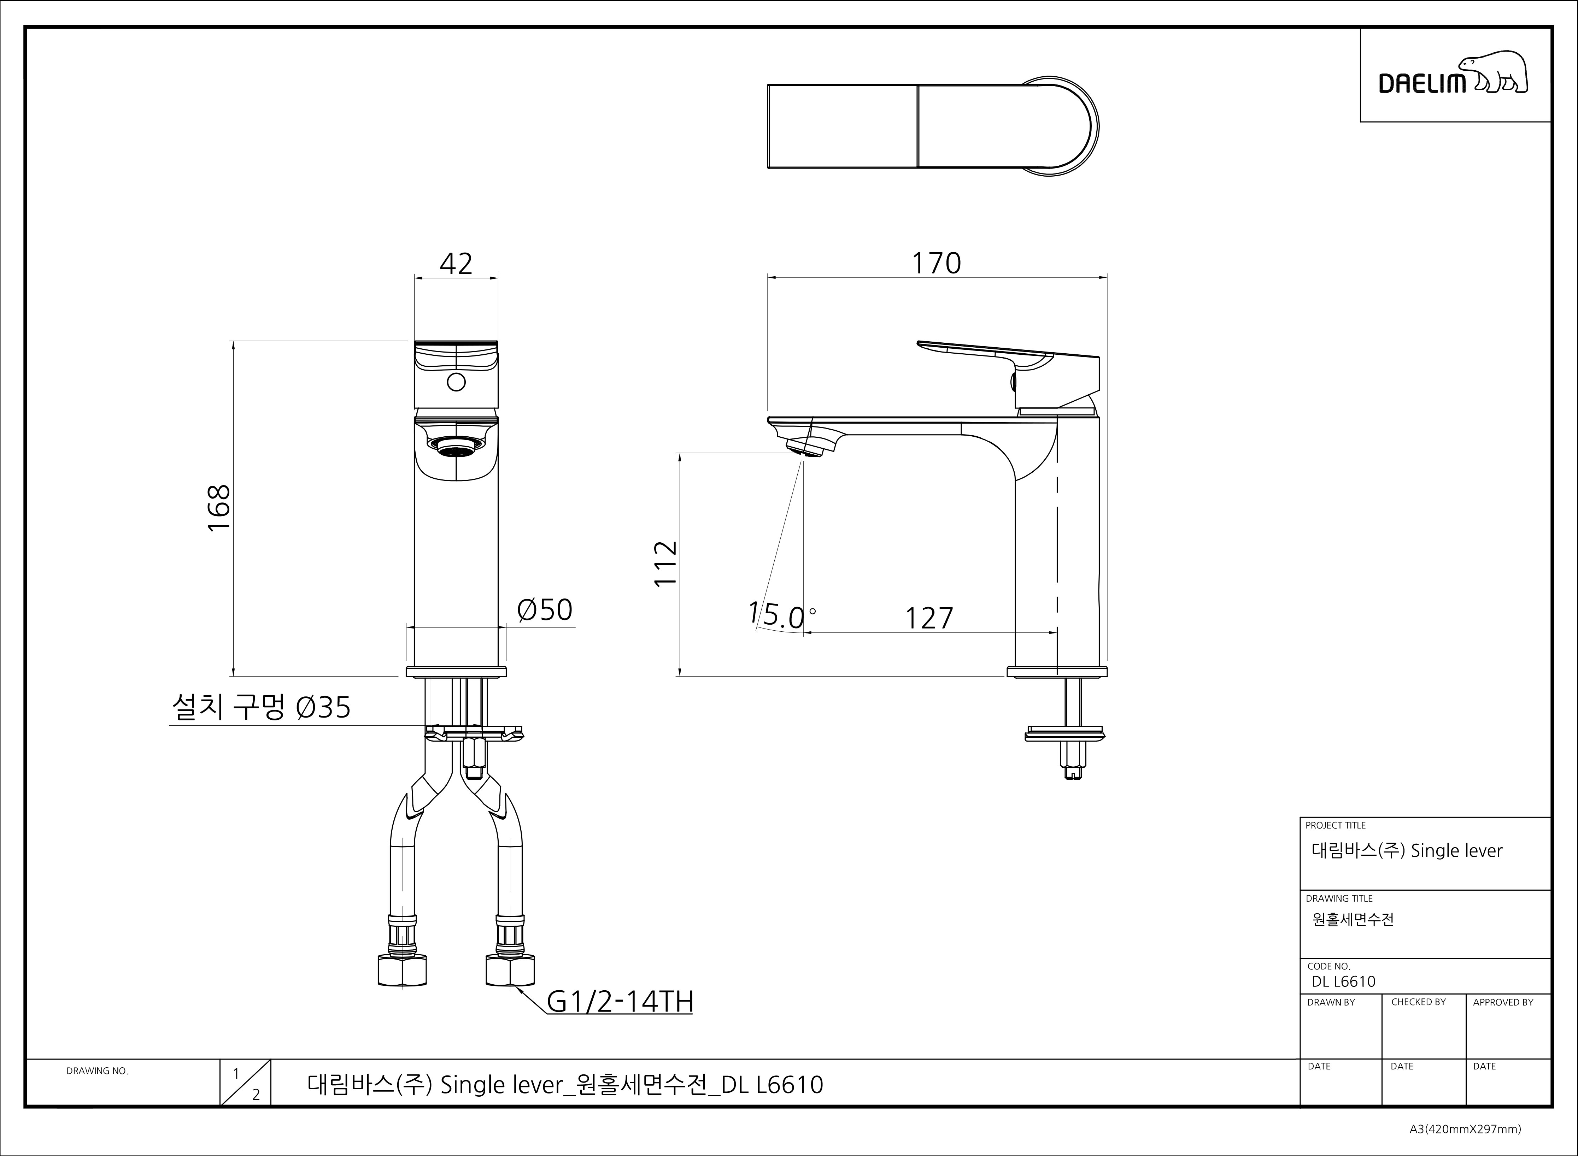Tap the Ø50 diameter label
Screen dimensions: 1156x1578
click(x=544, y=609)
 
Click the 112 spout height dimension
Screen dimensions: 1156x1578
click(x=665, y=563)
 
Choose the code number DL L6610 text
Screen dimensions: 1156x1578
click(x=1344, y=981)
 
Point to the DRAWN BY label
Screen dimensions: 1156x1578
click(x=1331, y=1002)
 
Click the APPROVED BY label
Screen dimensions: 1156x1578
click(x=1503, y=1002)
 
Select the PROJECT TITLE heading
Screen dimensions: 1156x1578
click(x=1335, y=825)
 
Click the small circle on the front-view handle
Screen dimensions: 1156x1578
click(x=456, y=382)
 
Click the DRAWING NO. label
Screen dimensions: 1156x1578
click(x=97, y=1071)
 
